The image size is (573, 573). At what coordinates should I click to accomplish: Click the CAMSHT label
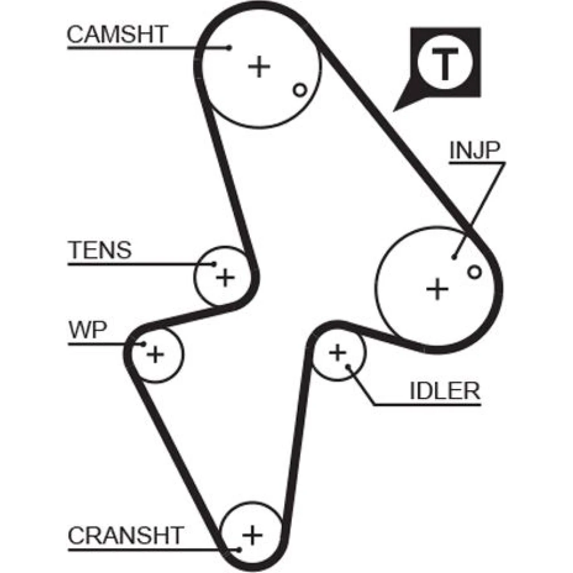(117, 34)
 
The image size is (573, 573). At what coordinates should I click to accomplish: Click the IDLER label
(445, 391)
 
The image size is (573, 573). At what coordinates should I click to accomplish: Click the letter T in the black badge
(445, 64)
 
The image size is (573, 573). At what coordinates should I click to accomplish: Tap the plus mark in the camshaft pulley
(259, 66)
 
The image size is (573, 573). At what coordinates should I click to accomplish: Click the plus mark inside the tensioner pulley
(225, 277)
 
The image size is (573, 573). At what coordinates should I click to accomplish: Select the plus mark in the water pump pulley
(155, 354)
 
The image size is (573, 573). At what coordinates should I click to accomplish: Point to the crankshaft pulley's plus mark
(253, 535)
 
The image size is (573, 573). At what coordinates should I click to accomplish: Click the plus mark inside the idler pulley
(337, 352)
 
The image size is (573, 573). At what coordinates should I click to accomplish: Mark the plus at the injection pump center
(437, 289)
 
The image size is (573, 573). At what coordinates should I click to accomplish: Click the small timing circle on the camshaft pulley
(300, 89)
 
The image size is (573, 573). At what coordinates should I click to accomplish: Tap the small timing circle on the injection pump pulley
(474, 272)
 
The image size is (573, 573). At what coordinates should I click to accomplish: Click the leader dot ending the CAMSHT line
(230, 48)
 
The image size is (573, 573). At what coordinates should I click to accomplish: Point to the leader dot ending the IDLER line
(348, 366)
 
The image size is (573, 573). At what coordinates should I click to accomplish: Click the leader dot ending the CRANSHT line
(239, 550)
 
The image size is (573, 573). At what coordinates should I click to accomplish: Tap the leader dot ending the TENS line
(214, 264)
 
